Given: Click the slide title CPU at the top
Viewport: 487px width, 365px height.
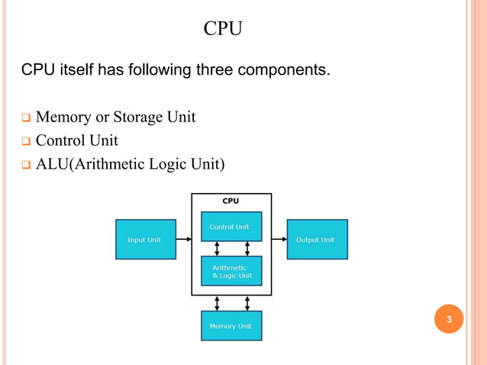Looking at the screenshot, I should (x=223, y=30).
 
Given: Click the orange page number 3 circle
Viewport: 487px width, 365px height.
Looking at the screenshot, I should (x=449, y=319).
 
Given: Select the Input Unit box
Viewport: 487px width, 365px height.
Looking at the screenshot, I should (x=144, y=239).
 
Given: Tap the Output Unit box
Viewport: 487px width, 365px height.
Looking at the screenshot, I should (x=316, y=239).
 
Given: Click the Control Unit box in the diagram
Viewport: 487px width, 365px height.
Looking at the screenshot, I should (x=231, y=227).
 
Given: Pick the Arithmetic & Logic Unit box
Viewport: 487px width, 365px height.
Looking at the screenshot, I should (x=231, y=271).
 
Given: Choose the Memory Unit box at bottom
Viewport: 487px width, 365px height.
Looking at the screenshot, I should (x=231, y=325).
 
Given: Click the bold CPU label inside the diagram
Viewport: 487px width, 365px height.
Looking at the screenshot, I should (x=231, y=201).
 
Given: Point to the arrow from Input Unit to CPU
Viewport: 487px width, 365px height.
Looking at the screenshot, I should (x=183, y=239).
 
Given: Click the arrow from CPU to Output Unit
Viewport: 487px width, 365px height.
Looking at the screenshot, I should (x=279, y=239).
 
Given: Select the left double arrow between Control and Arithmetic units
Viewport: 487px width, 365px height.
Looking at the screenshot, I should (x=217, y=249).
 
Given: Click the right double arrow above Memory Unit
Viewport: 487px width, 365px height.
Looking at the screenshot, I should (x=247, y=303).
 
